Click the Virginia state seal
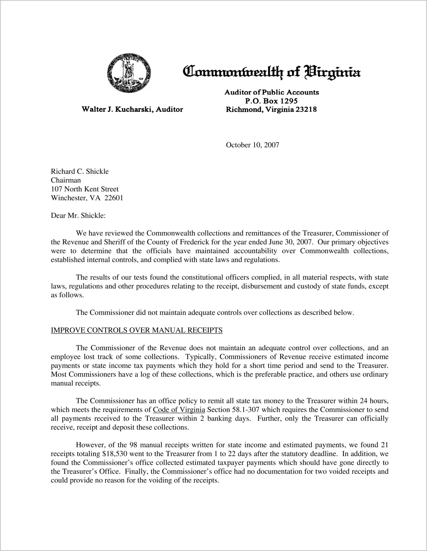[x=129, y=73]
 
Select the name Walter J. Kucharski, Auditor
[x=132, y=109]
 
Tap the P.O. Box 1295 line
[x=271, y=101]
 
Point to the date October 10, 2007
[x=252, y=145]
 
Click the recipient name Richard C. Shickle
[x=80, y=171]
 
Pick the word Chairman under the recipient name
[x=66, y=180]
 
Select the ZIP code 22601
[x=114, y=198]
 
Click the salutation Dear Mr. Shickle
[x=78, y=216]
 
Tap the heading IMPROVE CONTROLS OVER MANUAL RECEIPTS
[x=137, y=330]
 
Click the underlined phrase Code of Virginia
[x=179, y=410]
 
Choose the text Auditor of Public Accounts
[x=272, y=92]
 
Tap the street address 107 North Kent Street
[x=85, y=189]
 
